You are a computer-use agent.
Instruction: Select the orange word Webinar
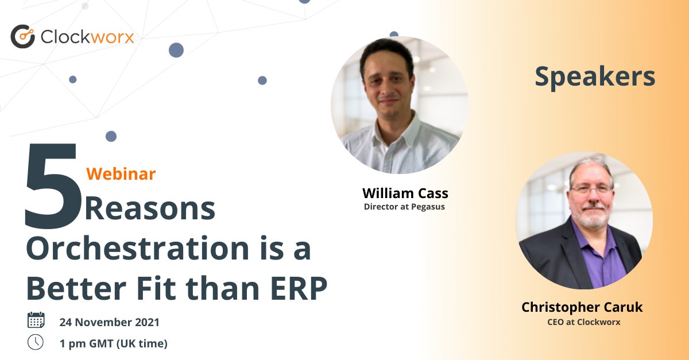(121, 173)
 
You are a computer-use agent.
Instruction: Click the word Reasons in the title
(150, 209)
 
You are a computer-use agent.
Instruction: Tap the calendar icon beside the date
(36, 320)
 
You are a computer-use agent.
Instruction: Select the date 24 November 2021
(109, 322)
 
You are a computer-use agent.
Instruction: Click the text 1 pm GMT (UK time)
(113, 343)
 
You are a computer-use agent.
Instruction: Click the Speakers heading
(595, 77)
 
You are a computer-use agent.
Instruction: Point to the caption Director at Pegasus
(404, 207)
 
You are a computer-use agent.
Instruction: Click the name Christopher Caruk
(582, 307)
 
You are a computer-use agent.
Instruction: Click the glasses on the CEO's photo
(591, 189)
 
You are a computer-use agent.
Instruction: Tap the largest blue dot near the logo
(176, 50)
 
